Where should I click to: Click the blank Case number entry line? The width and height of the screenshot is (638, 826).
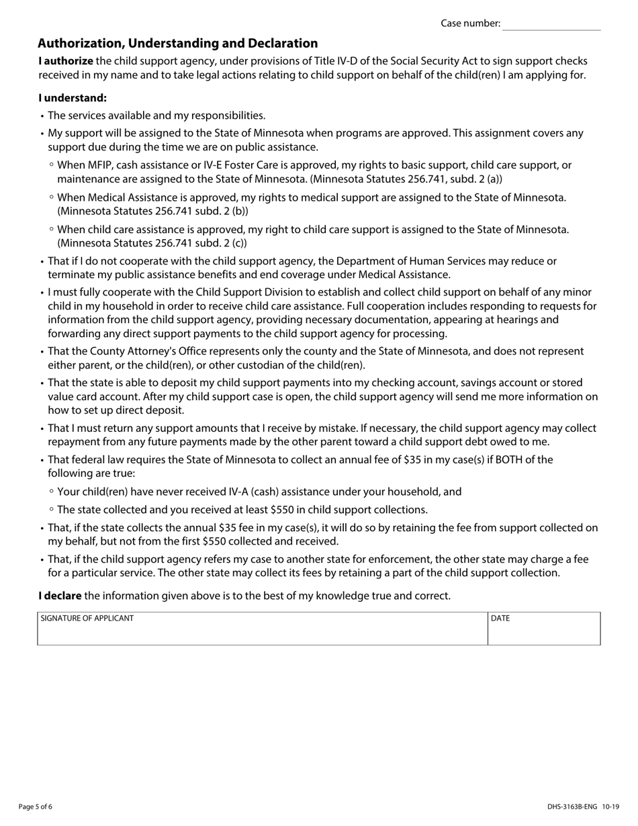pyautogui.click(x=551, y=24)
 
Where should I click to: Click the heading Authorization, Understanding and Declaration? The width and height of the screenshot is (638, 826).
pyautogui.click(x=177, y=44)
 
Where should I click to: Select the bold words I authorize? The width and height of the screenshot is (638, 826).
pyautogui.click(x=65, y=61)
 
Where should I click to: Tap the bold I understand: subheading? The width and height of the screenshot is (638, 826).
pyautogui.click(x=72, y=97)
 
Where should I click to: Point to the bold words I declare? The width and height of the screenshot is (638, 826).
pyautogui.click(x=60, y=596)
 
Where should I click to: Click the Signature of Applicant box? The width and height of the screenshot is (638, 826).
pyautogui.click(x=262, y=629)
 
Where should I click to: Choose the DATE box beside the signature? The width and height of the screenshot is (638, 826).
pyautogui.click(x=543, y=629)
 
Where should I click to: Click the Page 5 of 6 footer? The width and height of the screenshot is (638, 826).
pyautogui.click(x=36, y=807)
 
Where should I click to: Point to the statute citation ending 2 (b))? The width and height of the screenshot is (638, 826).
pyautogui.click(x=152, y=211)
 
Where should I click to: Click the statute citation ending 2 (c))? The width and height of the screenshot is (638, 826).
pyautogui.click(x=152, y=243)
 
